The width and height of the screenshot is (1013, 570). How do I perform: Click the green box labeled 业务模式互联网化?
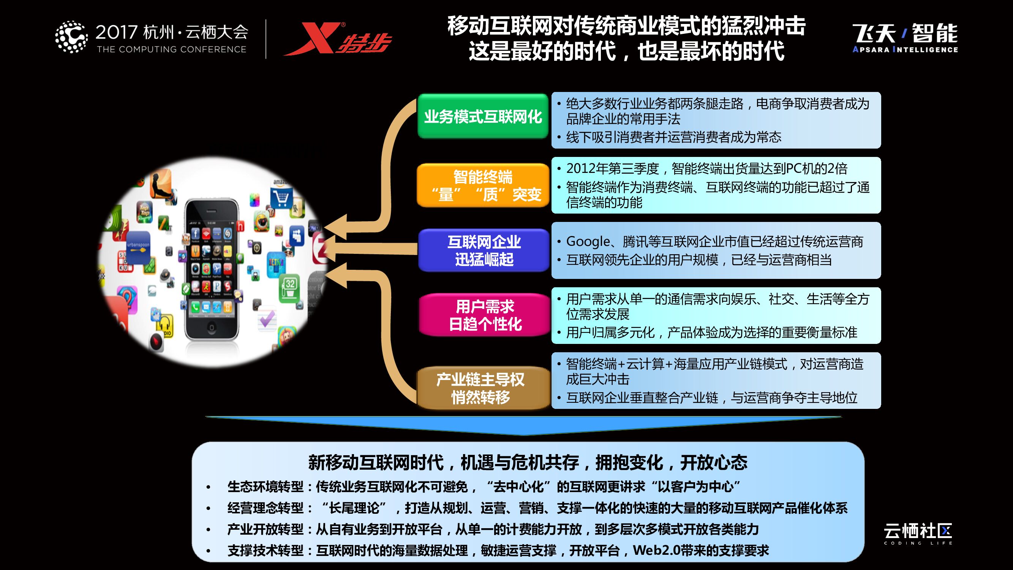(x=483, y=116)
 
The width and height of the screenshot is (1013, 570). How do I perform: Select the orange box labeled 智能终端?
(x=483, y=185)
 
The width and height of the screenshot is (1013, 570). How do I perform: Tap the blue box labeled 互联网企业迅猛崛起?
(x=484, y=250)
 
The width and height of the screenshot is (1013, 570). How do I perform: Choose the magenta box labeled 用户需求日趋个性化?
(x=485, y=315)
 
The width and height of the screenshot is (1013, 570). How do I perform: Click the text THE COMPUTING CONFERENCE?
(x=171, y=49)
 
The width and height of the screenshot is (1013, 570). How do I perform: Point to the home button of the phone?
(x=212, y=328)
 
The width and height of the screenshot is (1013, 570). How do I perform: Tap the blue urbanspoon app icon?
(x=138, y=245)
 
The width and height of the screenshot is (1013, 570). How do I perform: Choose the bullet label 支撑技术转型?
(x=265, y=550)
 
